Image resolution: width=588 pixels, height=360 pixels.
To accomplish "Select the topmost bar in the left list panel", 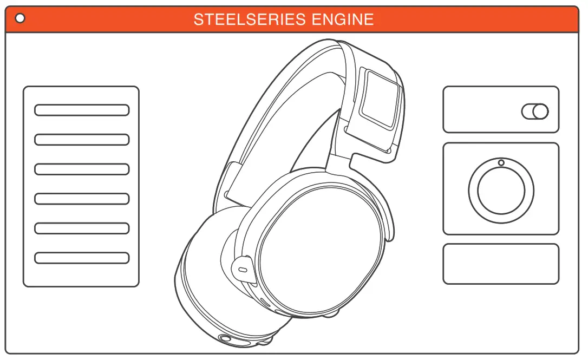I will [x=82, y=110].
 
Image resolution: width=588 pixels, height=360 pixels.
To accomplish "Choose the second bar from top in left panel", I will [x=82, y=140].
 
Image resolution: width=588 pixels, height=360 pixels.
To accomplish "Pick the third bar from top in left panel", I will [x=82, y=169].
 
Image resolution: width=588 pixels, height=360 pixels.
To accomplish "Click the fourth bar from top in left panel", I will [x=82, y=199].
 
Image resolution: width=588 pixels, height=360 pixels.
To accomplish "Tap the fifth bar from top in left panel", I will [x=82, y=228].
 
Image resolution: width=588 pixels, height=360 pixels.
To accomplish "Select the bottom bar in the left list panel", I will [x=82, y=258].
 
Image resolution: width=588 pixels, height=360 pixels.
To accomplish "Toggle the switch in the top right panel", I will [x=535, y=112].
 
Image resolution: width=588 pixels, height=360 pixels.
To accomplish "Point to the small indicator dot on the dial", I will [x=501, y=163].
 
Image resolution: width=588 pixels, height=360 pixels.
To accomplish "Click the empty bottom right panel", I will [x=501, y=264].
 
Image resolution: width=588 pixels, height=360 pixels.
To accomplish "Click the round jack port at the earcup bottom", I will [x=225, y=339].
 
